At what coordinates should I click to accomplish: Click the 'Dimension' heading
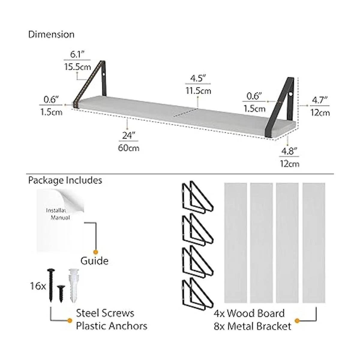51,34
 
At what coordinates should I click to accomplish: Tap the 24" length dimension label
128,135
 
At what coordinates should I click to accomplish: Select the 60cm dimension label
128,148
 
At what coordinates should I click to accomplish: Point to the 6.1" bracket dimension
77,54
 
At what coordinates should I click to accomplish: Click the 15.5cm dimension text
77,67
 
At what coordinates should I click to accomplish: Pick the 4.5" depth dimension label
198,78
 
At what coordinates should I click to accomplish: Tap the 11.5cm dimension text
198,91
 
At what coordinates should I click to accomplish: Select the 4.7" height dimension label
319,100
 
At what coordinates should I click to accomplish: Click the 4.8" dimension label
289,151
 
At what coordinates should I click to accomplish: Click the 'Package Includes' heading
65,181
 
